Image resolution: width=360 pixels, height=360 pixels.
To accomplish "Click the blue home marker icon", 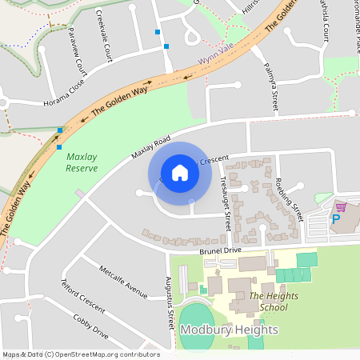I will point(180,173).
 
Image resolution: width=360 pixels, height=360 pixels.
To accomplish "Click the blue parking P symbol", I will point(336,218).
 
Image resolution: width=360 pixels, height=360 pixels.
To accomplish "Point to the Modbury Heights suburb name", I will point(229,330).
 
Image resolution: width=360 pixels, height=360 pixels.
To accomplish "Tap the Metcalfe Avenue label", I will point(123,283).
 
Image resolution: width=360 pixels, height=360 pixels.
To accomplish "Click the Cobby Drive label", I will point(90,324).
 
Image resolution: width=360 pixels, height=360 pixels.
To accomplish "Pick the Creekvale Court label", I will point(104,36).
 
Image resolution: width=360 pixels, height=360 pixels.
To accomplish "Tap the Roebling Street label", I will point(290,199).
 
